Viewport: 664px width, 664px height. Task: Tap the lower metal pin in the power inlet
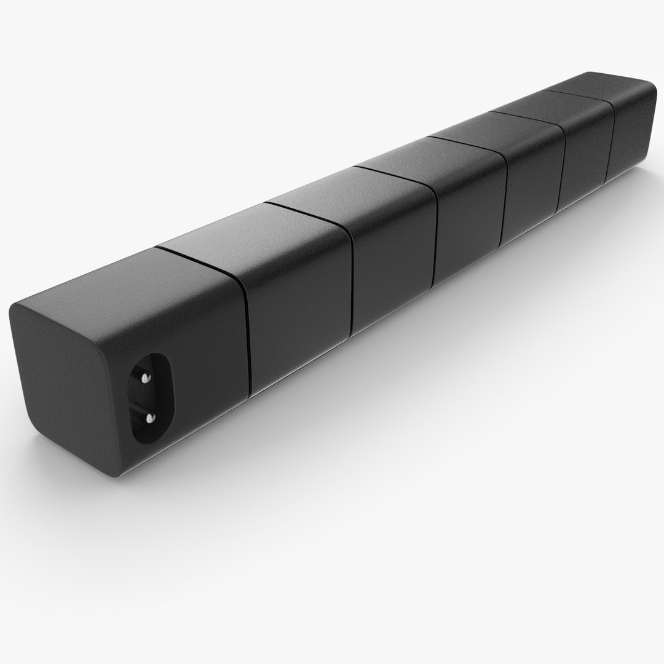tap(148, 418)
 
